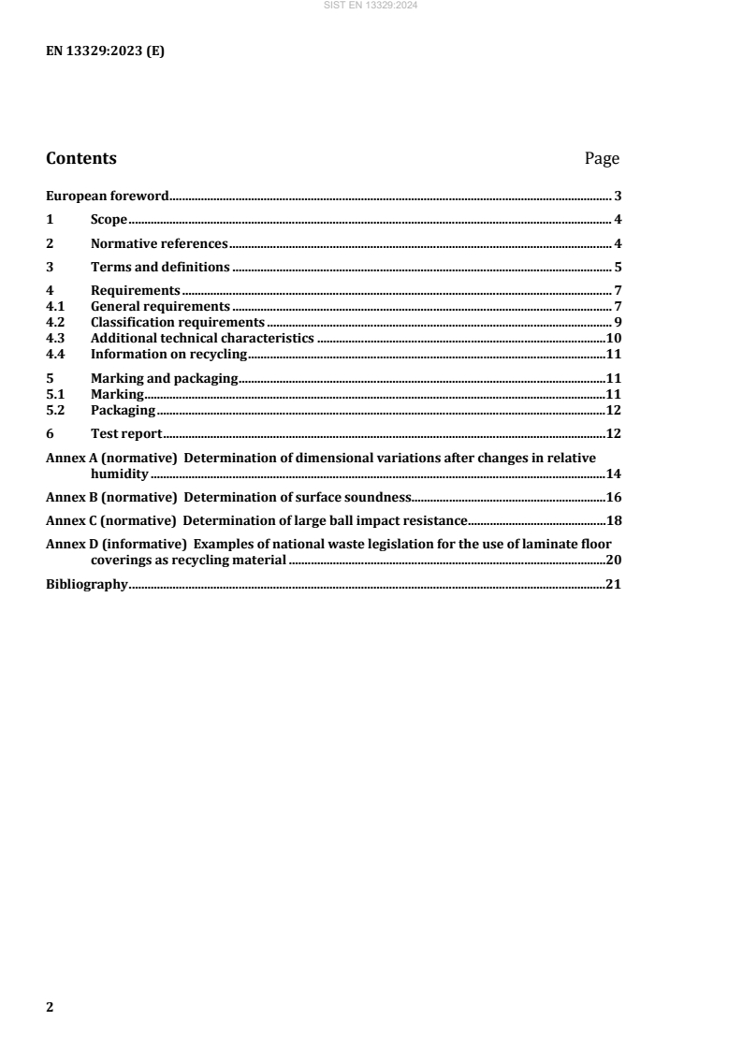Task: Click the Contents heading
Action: coord(81,158)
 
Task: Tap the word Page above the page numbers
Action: coord(602,158)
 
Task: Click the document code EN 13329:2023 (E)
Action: coord(105,51)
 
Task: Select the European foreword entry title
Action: coord(108,197)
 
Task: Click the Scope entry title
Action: coord(109,220)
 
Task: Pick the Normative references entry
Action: coord(159,243)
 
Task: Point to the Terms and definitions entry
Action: coord(161,267)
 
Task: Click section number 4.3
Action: coord(56,338)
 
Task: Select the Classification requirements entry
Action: coord(178,322)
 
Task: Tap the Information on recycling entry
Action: coord(167,354)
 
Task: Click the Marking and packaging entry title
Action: coord(165,378)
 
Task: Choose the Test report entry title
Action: coord(126,433)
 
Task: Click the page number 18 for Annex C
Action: coord(615,520)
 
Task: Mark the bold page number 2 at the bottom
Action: coord(51,1007)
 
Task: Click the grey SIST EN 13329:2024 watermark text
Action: coord(371,6)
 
